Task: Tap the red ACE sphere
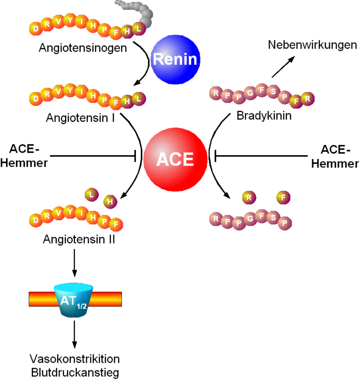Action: (175, 159)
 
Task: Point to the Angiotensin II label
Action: (79, 239)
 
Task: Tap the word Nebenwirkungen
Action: (309, 45)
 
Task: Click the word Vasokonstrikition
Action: (75, 359)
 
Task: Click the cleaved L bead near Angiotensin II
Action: (92, 193)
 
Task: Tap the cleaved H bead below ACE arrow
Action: (111, 201)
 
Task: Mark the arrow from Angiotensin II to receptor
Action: (75, 264)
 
